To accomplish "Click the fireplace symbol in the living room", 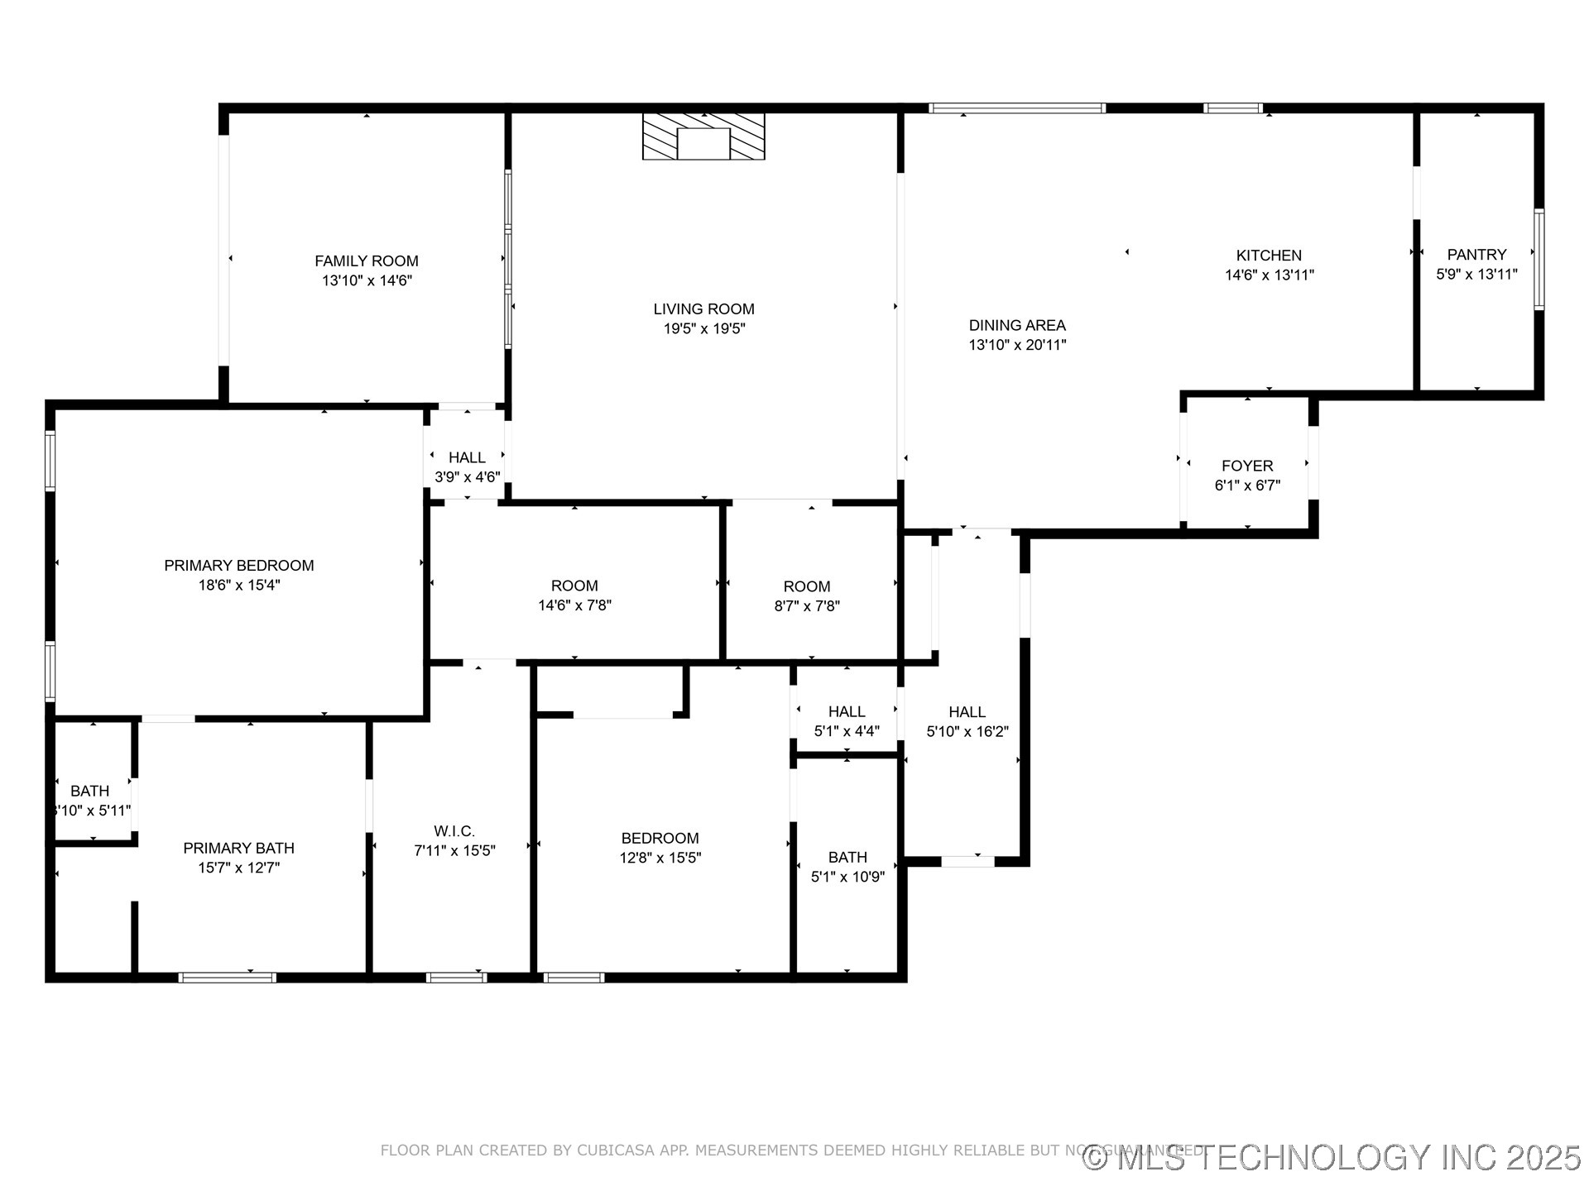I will click(x=703, y=137).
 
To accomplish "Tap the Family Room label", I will click(x=367, y=261).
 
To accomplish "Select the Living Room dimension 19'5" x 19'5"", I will click(x=703, y=329).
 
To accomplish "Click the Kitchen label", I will click(x=1269, y=256).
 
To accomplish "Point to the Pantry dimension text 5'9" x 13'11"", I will click(x=1476, y=275).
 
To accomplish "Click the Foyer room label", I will click(x=1247, y=466).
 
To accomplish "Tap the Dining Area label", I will click(x=1017, y=326).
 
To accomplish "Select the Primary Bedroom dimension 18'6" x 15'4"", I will click(x=238, y=586).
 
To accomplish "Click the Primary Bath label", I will click(x=238, y=849).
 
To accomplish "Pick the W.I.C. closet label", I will click(x=454, y=831).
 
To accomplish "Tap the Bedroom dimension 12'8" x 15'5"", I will click(x=660, y=859).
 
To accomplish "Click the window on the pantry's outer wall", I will click(x=1539, y=260).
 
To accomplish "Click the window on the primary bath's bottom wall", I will click(x=228, y=978).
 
